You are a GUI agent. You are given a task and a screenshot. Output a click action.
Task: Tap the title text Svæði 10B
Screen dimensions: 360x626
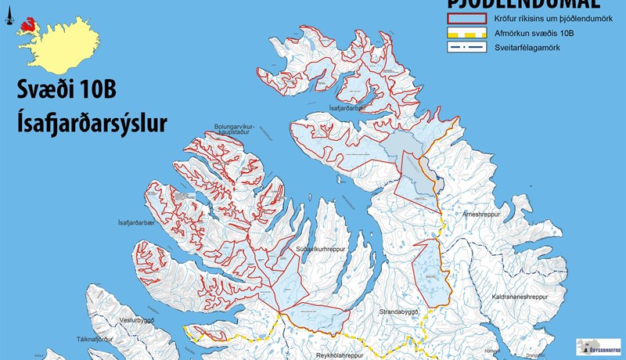(x=67, y=91)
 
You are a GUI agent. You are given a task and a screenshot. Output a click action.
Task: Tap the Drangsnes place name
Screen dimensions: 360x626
(x=538, y=355)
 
